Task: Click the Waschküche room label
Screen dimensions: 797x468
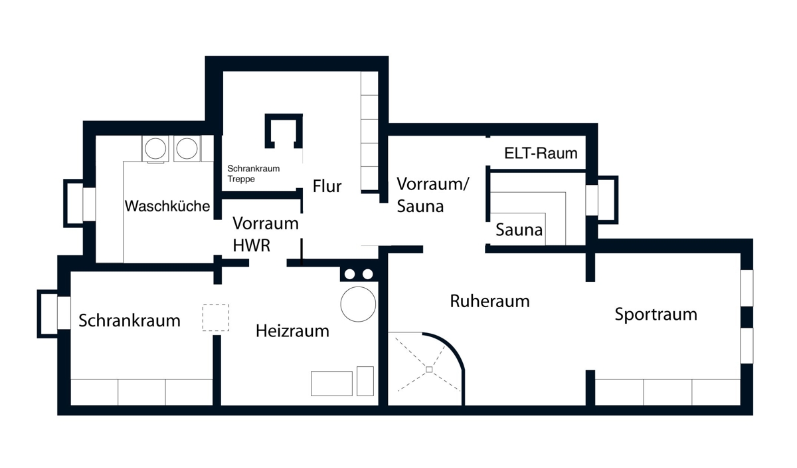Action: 167,206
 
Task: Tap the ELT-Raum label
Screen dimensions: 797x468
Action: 541,154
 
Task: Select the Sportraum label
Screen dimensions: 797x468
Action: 656,314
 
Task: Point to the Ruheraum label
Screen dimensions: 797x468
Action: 489,301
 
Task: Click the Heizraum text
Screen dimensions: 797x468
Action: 292,331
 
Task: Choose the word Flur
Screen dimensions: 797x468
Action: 327,186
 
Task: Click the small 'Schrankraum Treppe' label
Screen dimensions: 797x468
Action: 253,174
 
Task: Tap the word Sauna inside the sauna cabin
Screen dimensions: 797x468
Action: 519,230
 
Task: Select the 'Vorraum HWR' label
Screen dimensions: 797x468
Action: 266,235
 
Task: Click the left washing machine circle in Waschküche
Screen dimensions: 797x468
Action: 155,148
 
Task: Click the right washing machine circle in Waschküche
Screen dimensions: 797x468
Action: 187,148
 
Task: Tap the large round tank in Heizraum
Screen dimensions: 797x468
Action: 358,304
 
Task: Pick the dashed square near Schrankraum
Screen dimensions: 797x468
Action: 216,318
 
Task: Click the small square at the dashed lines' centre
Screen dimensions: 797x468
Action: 429,370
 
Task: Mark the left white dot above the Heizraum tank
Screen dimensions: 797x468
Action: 349,275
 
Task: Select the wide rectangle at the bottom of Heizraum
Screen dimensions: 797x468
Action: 331,384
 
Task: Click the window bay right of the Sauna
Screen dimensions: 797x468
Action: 602,200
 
